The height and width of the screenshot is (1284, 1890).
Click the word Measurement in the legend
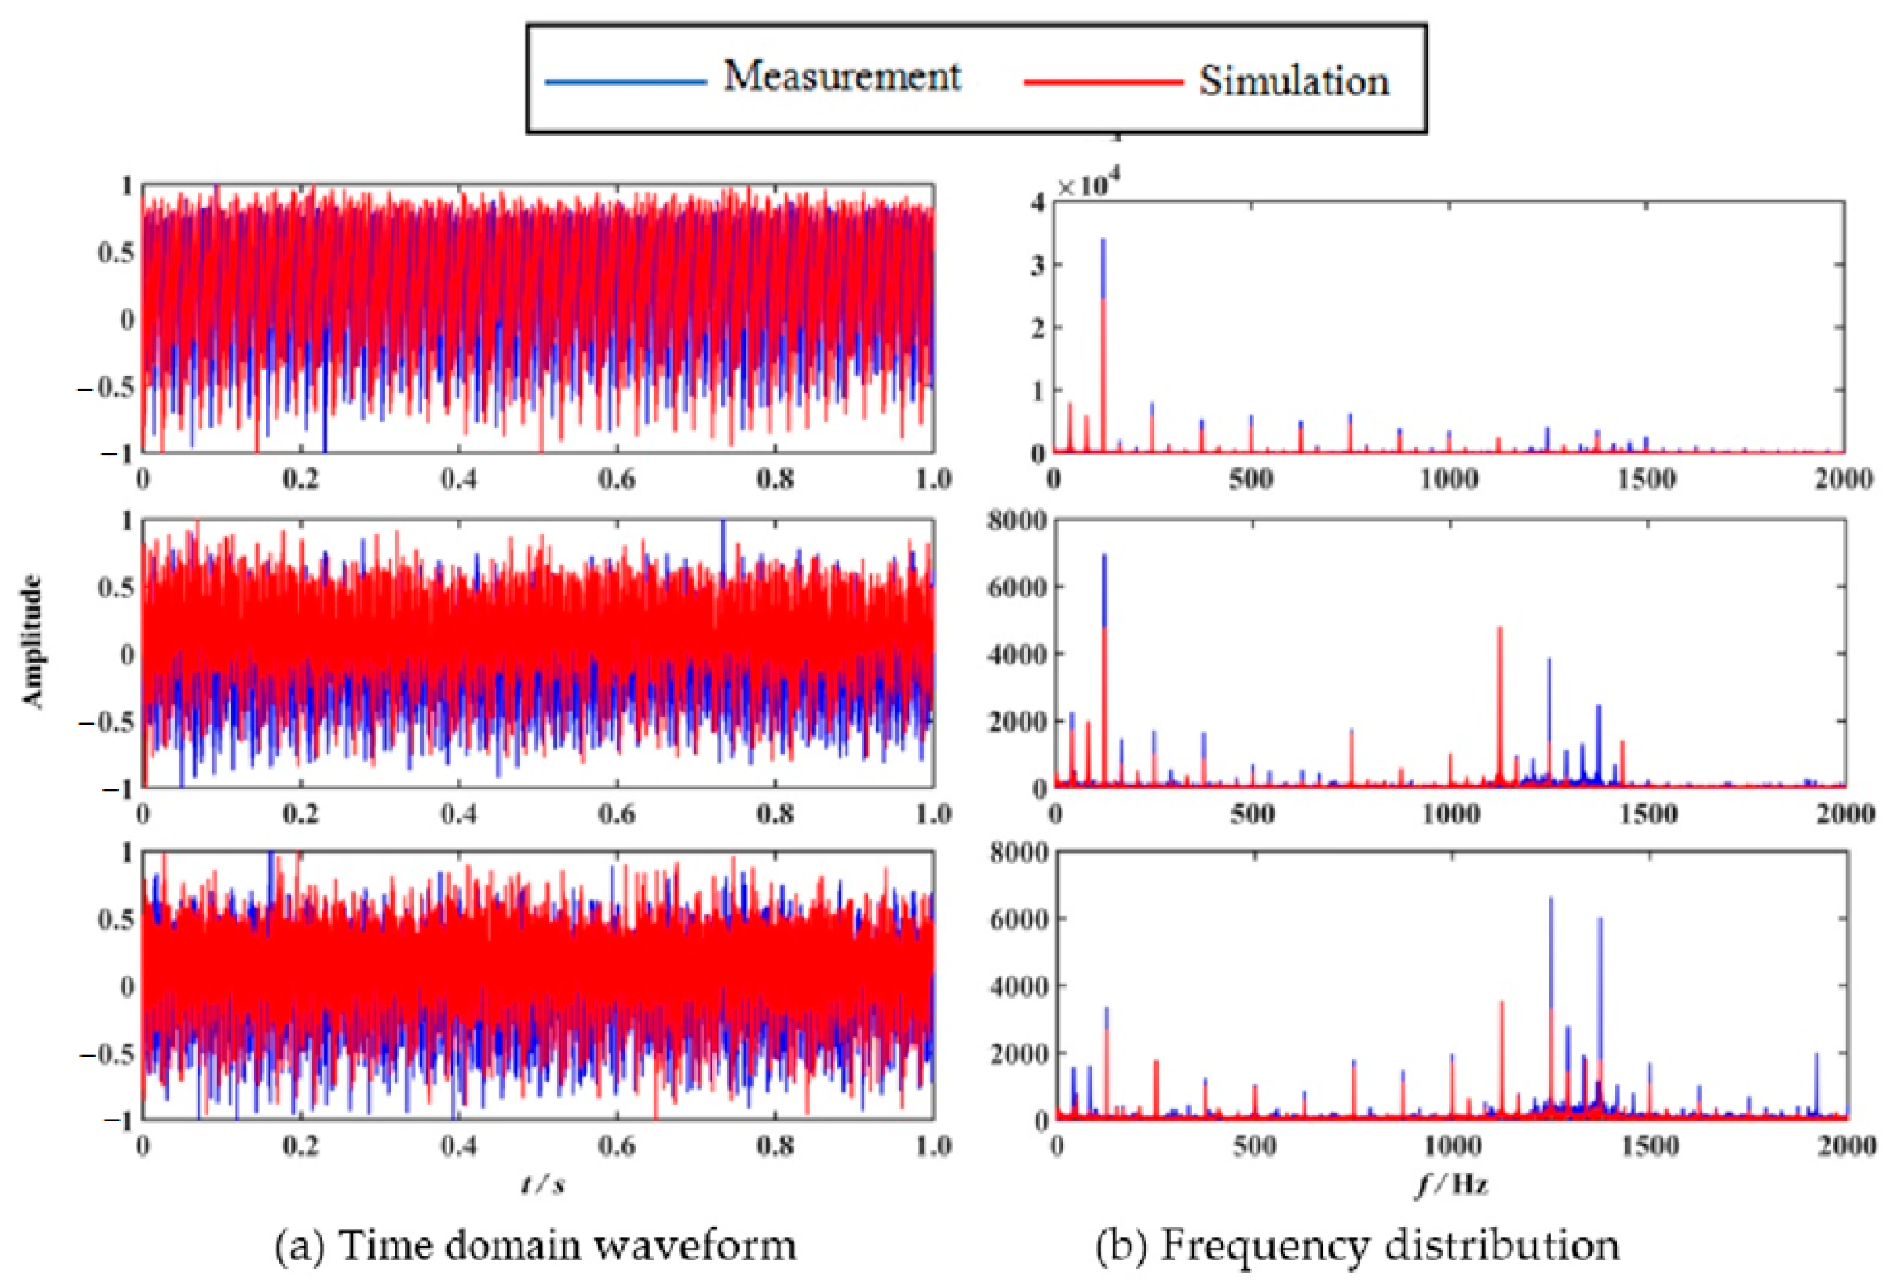coord(841,76)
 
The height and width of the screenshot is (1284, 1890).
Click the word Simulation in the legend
coord(1293,81)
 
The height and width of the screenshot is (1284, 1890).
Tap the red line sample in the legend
coord(1103,82)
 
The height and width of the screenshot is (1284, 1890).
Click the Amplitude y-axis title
coord(33,641)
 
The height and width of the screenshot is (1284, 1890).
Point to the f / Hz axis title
coord(1453,1185)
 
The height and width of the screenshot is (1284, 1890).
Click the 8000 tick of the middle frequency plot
coord(1017,521)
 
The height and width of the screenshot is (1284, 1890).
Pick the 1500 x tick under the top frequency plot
coord(1646,479)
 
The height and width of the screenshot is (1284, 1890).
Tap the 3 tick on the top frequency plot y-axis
coord(1037,265)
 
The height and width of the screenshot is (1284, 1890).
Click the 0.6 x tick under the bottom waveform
coord(617,1147)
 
